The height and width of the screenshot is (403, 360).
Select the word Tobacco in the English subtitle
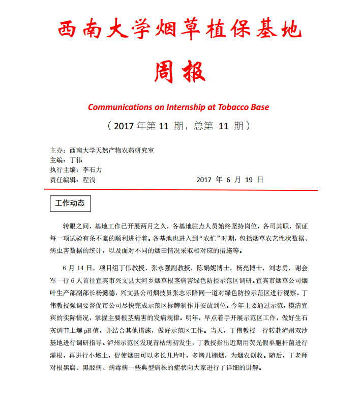click(x=226, y=107)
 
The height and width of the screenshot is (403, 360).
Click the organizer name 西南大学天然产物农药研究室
click(x=112, y=151)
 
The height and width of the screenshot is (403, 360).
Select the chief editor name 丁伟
click(x=76, y=160)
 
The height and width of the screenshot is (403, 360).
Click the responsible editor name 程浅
click(x=89, y=180)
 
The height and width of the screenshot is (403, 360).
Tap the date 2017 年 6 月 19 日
click(x=230, y=180)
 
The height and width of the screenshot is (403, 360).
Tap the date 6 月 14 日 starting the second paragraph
click(x=76, y=267)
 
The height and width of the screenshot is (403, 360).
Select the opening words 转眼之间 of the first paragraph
click(x=74, y=225)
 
